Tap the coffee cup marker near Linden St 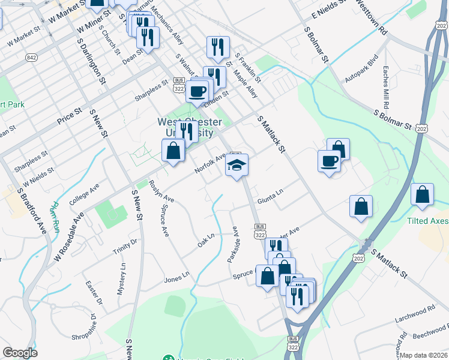[197, 92]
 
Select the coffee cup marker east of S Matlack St [330, 161]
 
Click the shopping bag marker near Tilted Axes [423, 194]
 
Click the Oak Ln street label [206, 242]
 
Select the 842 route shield [32, 58]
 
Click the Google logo [20, 353]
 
